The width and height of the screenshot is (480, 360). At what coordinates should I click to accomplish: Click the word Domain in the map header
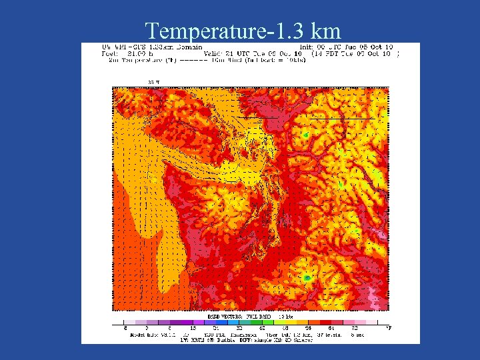pyautogui.click(x=183, y=47)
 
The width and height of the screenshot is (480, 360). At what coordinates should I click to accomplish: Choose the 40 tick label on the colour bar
pyautogui.click(x=262, y=328)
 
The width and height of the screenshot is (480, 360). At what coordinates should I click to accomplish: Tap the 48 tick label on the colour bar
pyautogui.click(x=285, y=328)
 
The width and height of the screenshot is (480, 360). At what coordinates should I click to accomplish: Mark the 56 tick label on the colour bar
pyautogui.click(x=309, y=328)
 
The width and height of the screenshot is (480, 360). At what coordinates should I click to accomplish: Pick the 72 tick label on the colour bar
pyautogui.click(x=355, y=328)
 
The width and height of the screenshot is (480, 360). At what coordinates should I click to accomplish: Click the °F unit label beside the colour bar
pyautogui.click(x=389, y=327)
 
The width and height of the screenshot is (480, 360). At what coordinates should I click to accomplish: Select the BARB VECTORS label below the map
pyautogui.click(x=223, y=315)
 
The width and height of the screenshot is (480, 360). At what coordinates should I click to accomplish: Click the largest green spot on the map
pyautogui.click(x=307, y=277)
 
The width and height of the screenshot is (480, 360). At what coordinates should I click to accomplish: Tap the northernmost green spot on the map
pyautogui.click(x=305, y=136)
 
